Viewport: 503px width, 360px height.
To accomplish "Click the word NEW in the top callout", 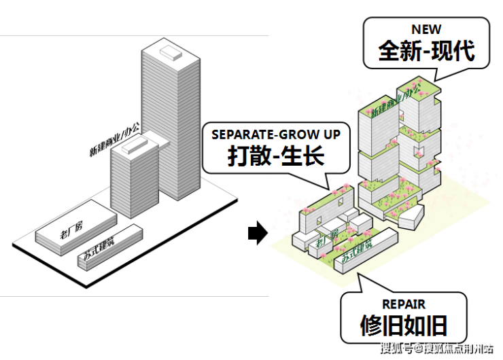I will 426,29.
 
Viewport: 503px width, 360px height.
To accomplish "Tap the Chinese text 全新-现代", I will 426,50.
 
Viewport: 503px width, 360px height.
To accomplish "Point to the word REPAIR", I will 404,305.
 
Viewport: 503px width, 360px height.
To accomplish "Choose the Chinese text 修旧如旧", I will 404,327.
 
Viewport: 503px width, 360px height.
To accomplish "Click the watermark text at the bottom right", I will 436,350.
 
